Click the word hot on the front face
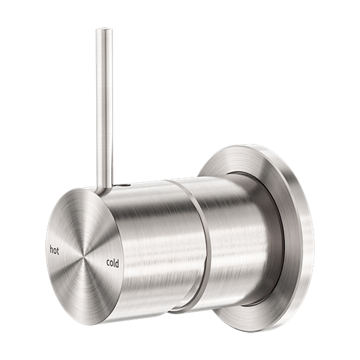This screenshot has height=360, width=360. point(54,251)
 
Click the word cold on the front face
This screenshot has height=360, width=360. point(112,263)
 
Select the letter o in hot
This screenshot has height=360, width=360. point(55,251)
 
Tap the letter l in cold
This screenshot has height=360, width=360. point(114,263)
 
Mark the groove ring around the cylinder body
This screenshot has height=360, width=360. point(202,243)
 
